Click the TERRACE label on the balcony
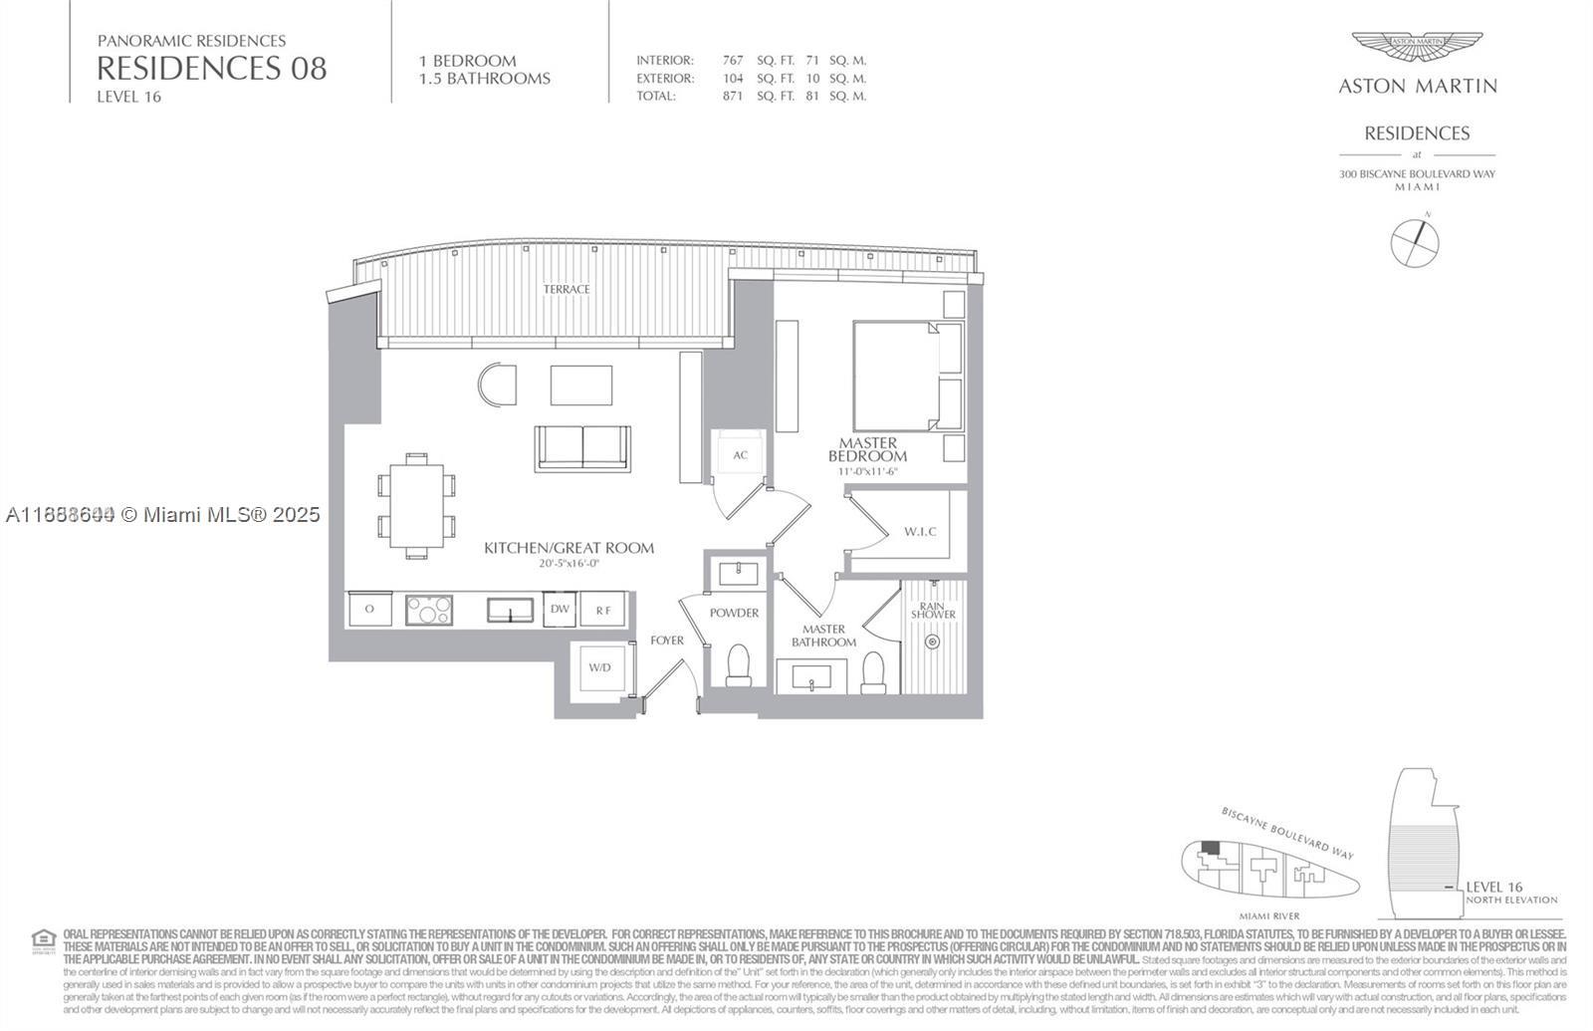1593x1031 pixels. [567, 289]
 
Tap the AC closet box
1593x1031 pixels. [740, 455]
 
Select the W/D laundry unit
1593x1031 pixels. [599, 667]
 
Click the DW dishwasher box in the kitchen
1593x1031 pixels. [561, 610]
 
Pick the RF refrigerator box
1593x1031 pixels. [603, 610]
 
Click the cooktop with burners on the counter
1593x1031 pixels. [429, 610]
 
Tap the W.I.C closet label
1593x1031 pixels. [920, 532]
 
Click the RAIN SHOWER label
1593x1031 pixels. [933, 610]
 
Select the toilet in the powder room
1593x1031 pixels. [739, 664]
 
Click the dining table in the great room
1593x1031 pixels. [416, 505]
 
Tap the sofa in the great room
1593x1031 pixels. [582, 447]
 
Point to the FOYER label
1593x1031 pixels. [667, 641]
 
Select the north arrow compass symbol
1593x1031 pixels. [1415, 242]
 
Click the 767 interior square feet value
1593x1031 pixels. [733, 61]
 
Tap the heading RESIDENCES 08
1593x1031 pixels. [211, 69]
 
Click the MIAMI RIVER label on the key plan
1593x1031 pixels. [1269, 916]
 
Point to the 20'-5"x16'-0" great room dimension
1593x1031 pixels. [569, 564]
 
